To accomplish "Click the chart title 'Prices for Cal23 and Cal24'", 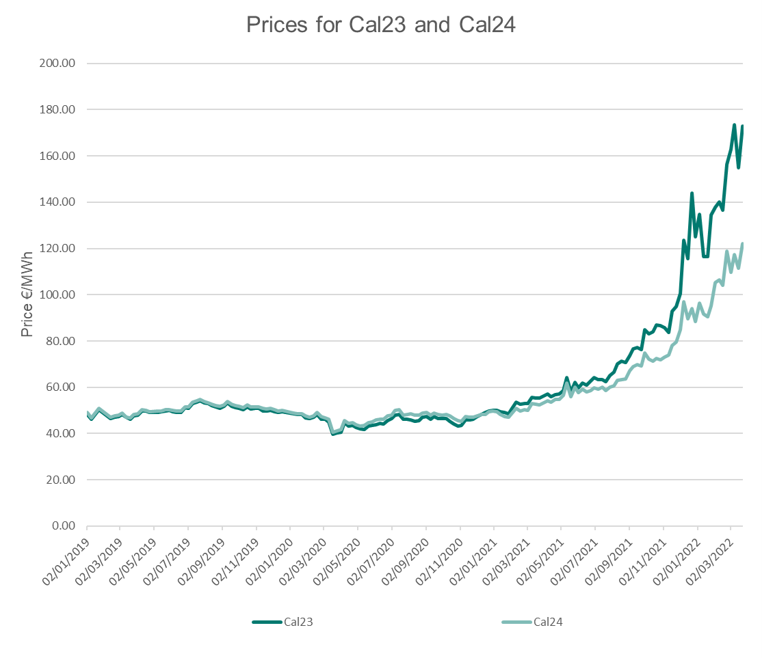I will pyautogui.click(x=380, y=25).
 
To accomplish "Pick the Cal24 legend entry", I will pyautogui.click(x=547, y=622).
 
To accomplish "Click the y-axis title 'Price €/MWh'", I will pyautogui.click(x=27, y=294).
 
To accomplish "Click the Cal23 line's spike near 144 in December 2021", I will pyautogui.click(x=692, y=193).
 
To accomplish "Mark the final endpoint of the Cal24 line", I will pyautogui.click(x=742, y=244).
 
